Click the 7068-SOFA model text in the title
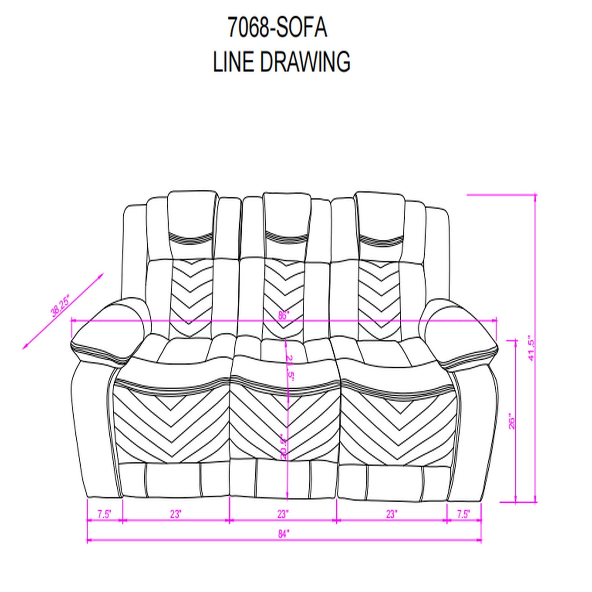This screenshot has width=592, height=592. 277,28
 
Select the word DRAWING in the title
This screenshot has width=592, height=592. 305,62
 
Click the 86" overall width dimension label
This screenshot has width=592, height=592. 284,315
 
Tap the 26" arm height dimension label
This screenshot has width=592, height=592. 512,421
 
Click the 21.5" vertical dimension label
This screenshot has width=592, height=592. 290,368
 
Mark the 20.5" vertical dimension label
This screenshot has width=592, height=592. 283,447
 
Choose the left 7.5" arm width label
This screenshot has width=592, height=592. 104,514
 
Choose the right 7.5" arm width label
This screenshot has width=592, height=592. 463,514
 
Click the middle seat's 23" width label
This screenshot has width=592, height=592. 283,514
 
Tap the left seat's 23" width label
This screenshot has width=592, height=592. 175,514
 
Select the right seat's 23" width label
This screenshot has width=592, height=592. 391,514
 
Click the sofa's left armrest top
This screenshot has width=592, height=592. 109,328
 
